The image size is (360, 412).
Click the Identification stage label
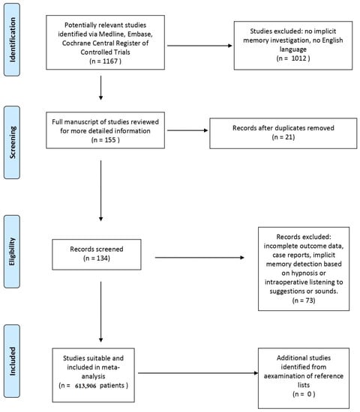click(x=12, y=40)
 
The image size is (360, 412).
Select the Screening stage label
click(x=12, y=142)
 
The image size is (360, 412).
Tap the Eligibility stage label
click(x=12, y=252)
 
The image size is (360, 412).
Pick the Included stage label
click(x=12, y=361)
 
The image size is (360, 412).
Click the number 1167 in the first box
click(x=110, y=61)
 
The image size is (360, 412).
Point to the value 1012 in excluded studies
click(x=299, y=58)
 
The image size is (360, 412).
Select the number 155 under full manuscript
click(x=110, y=140)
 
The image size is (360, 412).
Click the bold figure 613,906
click(x=85, y=386)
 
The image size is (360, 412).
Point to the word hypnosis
click(x=304, y=273)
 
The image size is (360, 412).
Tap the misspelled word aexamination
click(x=282, y=376)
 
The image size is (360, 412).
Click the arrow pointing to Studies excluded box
click(x=199, y=46)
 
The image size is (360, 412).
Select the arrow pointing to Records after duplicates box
click(x=187, y=130)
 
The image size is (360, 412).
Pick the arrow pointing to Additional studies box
click(x=198, y=373)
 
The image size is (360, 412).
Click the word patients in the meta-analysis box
click(x=112, y=386)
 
